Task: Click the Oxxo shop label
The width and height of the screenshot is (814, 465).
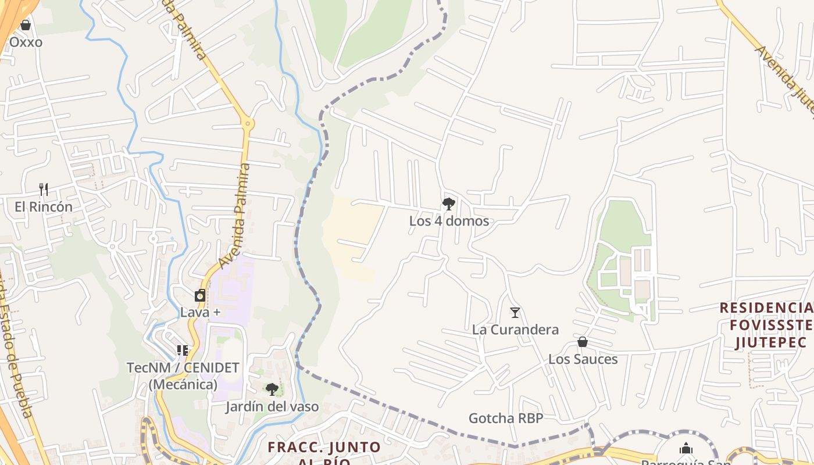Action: (26, 42)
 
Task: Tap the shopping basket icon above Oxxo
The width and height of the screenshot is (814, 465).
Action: (26, 25)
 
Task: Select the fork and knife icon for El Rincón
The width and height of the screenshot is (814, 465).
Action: (44, 189)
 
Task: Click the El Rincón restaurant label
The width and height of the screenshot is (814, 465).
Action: (44, 207)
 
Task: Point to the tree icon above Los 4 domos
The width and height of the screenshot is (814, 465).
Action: (448, 203)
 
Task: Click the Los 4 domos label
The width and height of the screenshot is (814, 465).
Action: (449, 221)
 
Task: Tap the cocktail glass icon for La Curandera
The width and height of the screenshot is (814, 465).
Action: (515, 313)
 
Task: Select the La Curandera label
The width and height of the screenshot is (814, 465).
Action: (515, 330)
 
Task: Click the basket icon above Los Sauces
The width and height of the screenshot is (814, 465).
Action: (583, 342)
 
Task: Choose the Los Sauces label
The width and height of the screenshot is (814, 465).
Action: (583, 359)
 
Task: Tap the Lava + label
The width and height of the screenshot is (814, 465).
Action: (200, 312)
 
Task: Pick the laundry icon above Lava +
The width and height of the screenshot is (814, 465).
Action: (200, 295)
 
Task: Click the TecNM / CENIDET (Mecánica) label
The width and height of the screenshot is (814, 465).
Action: (183, 375)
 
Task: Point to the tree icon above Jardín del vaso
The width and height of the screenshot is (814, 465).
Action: (272, 389)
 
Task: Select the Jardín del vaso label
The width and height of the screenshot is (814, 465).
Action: (272, 406)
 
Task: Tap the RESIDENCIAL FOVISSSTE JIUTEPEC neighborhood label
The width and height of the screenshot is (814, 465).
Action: (766, 325)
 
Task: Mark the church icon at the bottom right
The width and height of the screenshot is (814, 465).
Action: (686, 448)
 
